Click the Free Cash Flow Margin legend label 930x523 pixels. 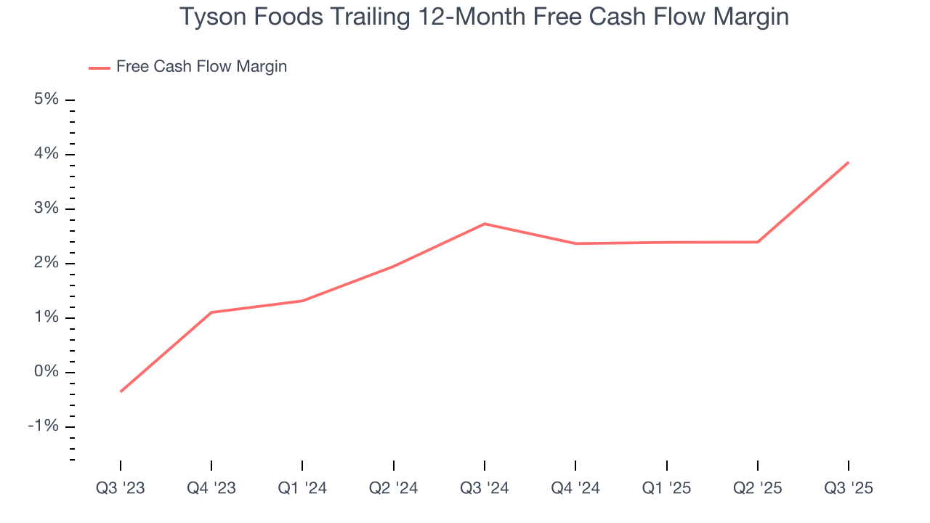[201, 67]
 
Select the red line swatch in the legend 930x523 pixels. [99, 68]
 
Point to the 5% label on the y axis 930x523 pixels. [46, 100]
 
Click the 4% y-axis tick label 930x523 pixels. [46, 154]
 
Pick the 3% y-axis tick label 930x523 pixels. [46, 208]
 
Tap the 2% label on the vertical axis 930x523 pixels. [46, 263]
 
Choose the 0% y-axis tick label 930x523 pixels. [46, 372]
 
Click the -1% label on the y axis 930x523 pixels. [43, 426]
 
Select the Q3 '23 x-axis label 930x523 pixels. [121, 488]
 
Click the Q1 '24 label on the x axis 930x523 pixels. [302, 488]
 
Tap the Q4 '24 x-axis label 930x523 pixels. [575, 488]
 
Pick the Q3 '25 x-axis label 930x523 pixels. [849, 488]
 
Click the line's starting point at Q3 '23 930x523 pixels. [121, 392]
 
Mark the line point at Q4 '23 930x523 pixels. [211, 312]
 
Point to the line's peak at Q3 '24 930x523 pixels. [485, 224]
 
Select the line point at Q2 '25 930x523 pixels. [758, 242]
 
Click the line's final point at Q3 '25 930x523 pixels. [849, 162]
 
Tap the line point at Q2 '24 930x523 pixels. [394, 266]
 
